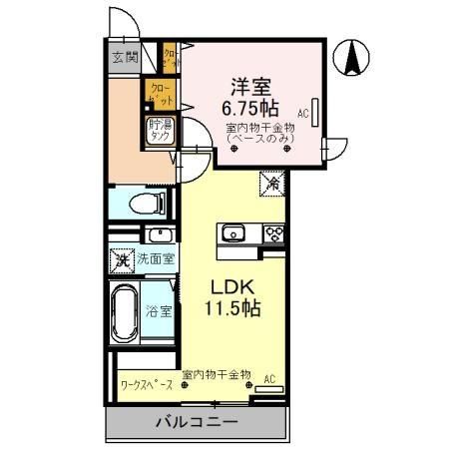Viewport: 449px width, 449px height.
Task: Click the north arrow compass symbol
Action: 352,57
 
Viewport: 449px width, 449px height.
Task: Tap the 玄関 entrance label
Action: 125,55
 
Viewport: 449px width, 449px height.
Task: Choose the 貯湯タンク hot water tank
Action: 159,131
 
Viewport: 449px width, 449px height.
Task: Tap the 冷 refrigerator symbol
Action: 271,184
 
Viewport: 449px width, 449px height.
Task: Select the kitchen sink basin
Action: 233,233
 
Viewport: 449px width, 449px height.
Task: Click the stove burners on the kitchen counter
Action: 273,233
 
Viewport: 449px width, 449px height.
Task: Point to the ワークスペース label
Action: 147,383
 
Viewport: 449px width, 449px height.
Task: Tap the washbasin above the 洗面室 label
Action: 160,235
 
